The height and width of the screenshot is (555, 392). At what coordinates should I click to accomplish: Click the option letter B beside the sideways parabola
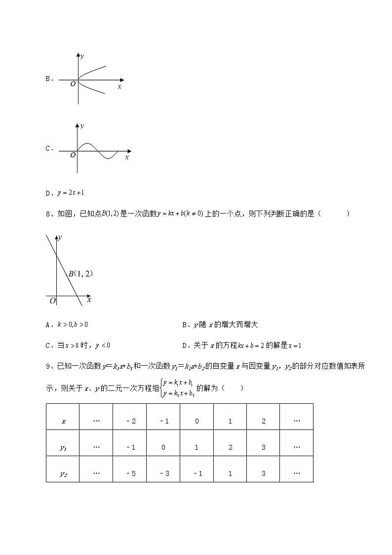coord(48,79)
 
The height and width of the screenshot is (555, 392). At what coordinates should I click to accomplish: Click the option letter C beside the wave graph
coord(48,148)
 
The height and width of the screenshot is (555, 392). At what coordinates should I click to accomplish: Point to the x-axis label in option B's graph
coord(119,86)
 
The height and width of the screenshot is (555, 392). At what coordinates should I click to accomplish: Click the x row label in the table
coord(63,421)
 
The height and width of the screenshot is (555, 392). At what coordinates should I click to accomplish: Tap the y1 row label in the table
coord(63,447)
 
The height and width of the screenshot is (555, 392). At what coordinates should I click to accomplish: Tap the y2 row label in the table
coord(63,473)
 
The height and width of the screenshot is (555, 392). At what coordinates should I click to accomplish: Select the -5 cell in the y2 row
coord(130,473)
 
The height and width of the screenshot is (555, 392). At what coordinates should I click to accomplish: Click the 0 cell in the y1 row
coord(163,447)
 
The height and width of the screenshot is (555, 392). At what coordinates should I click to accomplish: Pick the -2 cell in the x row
coord(130,421)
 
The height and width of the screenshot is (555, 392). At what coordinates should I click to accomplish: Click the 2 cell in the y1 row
coord(230,447)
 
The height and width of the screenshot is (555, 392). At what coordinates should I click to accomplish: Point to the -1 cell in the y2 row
coord(197,473)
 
